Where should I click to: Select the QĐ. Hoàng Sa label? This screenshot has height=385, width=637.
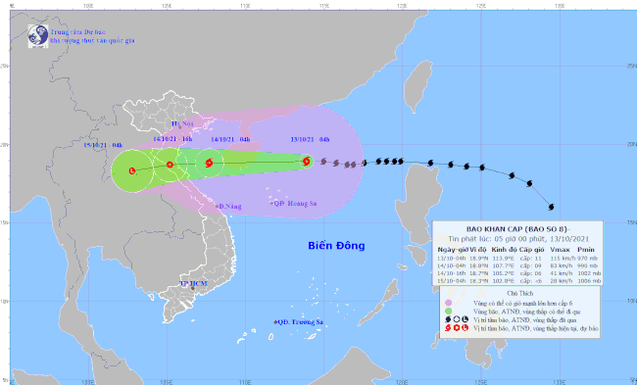tap(293, 203)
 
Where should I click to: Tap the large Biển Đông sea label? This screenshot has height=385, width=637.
tap(335, 245)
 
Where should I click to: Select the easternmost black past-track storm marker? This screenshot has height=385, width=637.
tap(551, 207)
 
